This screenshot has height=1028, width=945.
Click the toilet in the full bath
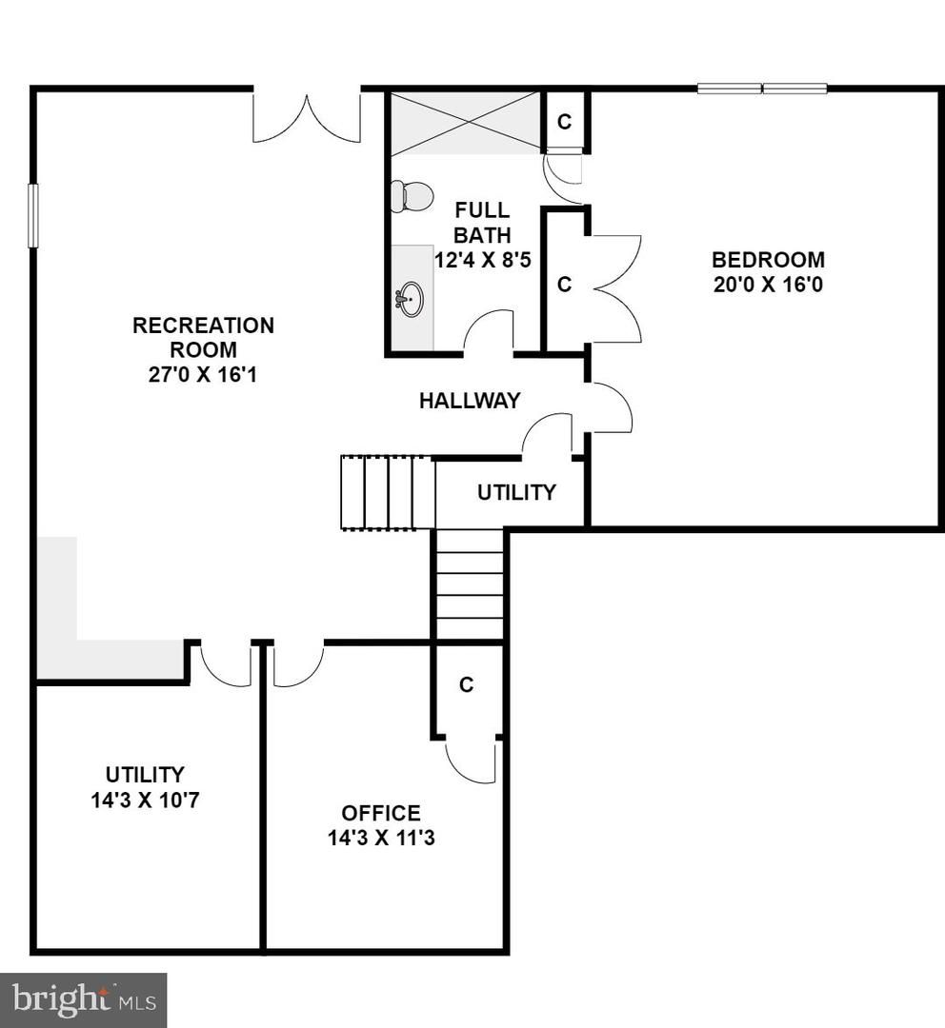412,196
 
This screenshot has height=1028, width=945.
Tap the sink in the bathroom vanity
411,299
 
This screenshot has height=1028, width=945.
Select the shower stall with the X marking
466,122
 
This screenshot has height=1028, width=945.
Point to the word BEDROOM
768,260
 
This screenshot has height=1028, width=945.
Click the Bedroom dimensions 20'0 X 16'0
768,285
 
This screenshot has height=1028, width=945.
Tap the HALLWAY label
470,401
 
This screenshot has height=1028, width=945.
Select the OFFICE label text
381,813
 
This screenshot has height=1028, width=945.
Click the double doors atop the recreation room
307,116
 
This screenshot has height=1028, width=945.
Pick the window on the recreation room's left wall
33,215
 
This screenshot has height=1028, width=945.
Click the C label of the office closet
466,684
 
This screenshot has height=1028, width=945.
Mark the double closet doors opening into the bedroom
614,288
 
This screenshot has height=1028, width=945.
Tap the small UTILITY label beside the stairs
516,492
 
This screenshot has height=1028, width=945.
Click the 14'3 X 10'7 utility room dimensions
145,800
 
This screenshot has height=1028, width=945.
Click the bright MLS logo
83,999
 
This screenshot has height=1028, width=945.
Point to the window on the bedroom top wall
762,89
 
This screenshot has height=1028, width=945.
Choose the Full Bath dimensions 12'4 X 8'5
482,260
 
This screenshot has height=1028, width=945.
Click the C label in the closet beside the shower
564,121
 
